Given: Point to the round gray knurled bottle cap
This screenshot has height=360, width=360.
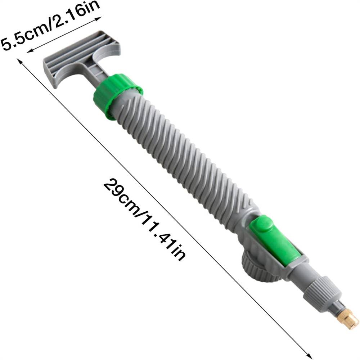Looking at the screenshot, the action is [261, 266].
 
